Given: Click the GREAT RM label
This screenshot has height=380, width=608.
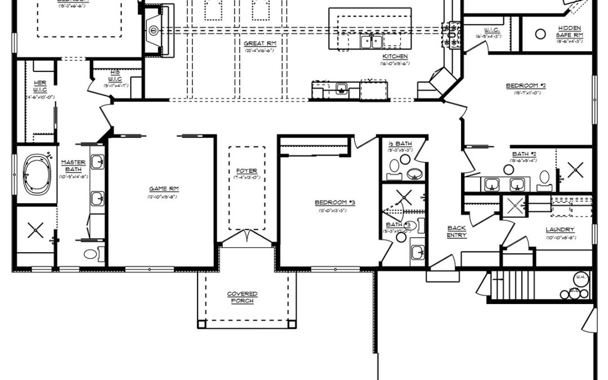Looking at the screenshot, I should tap(258, 43).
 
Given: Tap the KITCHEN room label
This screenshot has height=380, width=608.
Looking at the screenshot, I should tap(395, 56).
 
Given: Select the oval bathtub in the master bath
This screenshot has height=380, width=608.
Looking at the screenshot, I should tap(37, 174).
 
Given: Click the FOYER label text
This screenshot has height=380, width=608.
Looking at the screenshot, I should tap(247, 171).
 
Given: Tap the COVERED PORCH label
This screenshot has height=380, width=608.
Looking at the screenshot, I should tap(243, 297).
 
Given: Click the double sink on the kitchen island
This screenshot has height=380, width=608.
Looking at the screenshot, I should tap(372, 41).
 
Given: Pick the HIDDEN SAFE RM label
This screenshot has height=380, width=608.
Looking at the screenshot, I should tap(570, 32).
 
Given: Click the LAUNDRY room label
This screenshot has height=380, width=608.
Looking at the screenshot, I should tap(560, 230).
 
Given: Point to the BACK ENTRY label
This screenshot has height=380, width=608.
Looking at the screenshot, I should tap(456, 231).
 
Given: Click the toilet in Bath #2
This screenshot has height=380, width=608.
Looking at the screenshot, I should tap(544, 178).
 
